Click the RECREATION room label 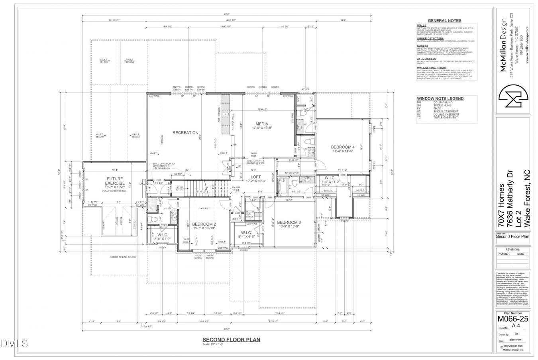coord(185,133)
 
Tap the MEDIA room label coord(262,124)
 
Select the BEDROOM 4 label coord(343,147)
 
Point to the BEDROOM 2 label coord(204,224)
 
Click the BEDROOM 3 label coord(289,222)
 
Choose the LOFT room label coord(255,177)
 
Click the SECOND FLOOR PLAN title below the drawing coord(231,340)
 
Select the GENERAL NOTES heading coord(444,21)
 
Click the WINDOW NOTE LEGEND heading coord(440,98)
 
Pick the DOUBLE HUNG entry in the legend coord(442,102)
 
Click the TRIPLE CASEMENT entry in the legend coord(444,118)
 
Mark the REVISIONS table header coord(513,250)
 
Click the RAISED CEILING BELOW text coord(123,257)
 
